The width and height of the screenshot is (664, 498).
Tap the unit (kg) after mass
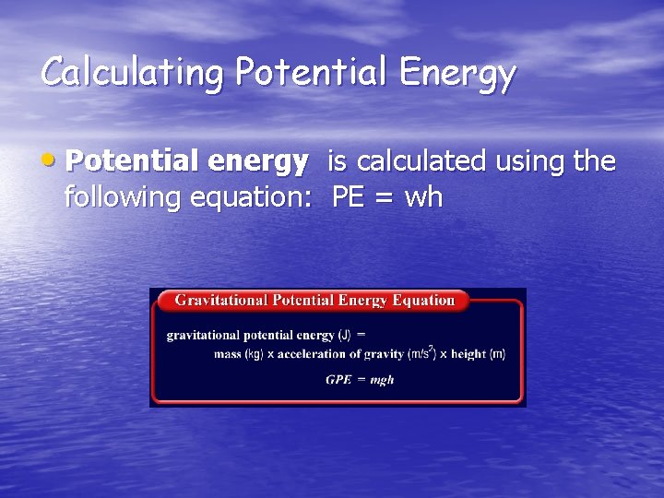[254, 354]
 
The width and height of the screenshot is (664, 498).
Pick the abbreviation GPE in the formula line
[338, 380]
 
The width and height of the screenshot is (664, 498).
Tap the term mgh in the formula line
[382, 380]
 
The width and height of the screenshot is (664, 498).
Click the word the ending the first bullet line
[594, 162]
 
